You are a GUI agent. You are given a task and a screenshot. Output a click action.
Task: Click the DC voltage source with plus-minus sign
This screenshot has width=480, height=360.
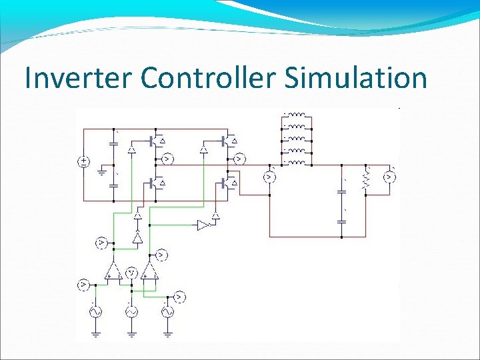coord(84,161)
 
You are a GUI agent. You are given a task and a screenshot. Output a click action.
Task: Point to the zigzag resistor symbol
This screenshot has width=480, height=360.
coord(365,178)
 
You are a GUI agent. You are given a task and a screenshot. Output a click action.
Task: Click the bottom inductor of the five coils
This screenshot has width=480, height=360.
coord(297,162)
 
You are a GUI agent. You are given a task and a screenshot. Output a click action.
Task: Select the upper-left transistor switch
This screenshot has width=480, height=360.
coord(158,141)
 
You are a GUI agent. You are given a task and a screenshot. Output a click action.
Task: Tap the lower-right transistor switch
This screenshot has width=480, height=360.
coord(230,181)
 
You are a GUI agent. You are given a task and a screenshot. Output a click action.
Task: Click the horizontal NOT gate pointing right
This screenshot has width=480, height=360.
coord(203,225)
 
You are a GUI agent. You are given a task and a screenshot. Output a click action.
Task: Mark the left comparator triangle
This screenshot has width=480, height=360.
coord(112,270)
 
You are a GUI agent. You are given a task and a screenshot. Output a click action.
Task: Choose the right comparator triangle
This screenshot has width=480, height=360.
coord(151,270)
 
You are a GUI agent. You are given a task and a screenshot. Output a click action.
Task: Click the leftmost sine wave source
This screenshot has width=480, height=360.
coord(95,311)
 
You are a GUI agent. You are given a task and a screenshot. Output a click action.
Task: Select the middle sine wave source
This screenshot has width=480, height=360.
coord(131,311)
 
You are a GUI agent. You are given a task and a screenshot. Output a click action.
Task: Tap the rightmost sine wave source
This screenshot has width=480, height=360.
coord(167,311)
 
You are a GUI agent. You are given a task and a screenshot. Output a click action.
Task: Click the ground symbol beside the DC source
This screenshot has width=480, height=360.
coord(102,171)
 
